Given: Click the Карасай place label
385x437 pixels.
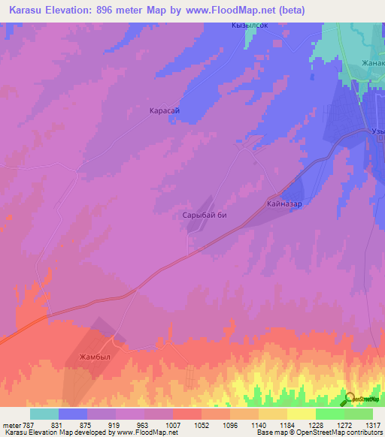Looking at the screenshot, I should click(x=164, y=110).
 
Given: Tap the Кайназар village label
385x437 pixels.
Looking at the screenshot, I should click(x=284, y=203).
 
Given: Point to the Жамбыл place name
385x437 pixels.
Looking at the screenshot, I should click(x=95, y=357).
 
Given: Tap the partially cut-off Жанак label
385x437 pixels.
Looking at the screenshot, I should click(x=372, y=63).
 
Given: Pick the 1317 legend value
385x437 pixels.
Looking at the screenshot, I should click(x=364, y=424).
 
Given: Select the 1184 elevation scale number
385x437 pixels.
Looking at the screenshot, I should click(x=298, y=424).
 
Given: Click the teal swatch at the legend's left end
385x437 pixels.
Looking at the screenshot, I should click(x=44, y=414).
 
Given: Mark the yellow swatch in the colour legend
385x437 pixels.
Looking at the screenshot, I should click(x=301, y=414).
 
